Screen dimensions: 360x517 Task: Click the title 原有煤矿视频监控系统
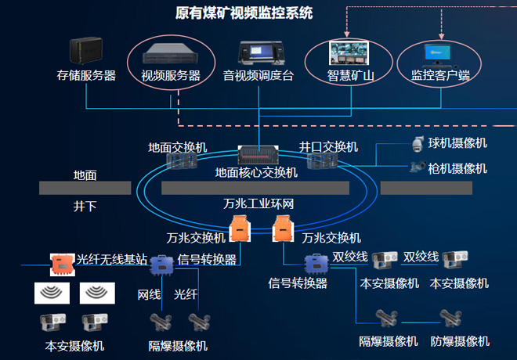point(244,13)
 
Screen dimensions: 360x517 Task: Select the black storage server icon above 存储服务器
point(85,52)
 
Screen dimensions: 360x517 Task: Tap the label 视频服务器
point(170,76)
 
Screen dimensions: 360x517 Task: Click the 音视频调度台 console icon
point(258,52)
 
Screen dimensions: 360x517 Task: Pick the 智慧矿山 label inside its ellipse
point(350,76)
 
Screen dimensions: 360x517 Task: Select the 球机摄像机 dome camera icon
point(417,143)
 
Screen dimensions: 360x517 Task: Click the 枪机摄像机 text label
point(457,168)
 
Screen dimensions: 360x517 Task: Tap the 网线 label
point(149,294)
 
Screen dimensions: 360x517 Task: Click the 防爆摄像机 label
point(460,341)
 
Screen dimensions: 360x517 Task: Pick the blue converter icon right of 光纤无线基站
point(161,262)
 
